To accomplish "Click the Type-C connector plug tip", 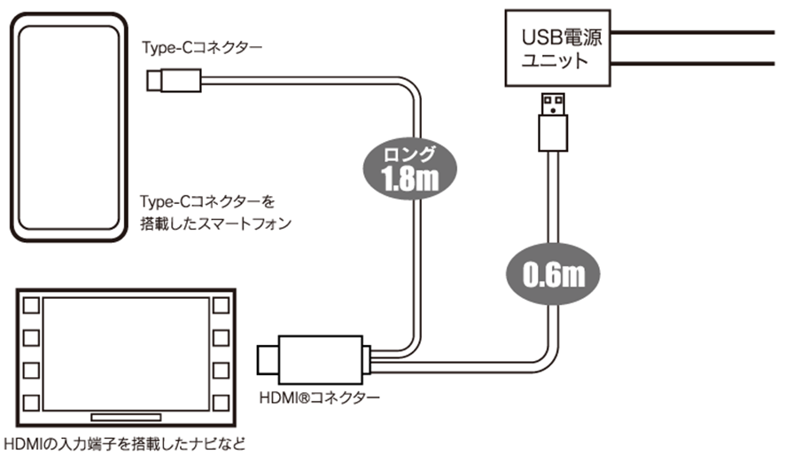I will pyautogui.click(x=152, y=83).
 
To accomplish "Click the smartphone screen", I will pyautogui.click(x=66, y=129).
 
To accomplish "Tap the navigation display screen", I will pyautogui.click(x=127, y=351).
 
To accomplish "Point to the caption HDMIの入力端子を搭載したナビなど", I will pyautogui.click(x=124, y=442).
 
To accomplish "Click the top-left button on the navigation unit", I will pyautogui.click(x=32, y=305).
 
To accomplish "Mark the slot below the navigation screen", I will pyautogui.click(x=126, y=415).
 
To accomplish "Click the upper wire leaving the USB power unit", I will pyautogui.click(x=700, y=33).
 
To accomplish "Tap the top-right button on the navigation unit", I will pyautogui.click(x=222, y=305).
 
